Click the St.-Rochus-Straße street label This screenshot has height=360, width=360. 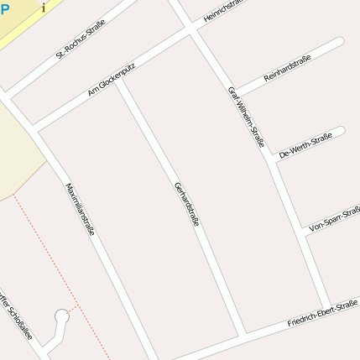click(x=75, y=44)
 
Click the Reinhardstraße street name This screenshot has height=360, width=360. click(x=287, y=68)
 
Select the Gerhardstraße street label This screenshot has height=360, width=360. click(x=186, y=204)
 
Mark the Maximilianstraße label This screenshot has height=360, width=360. click(x=80, y=208)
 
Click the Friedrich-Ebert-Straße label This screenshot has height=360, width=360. click(x=322, y=312)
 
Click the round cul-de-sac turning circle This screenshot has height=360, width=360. click(x=61, y=317)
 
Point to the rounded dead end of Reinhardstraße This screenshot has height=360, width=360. click(x=338, y=43)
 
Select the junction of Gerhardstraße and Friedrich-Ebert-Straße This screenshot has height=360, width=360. click(x=242, y=337)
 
